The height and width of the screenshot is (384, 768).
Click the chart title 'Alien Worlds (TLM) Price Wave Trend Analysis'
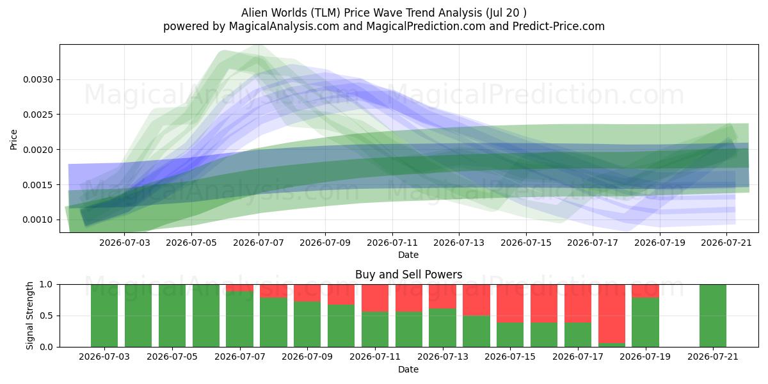[x=362, y=13]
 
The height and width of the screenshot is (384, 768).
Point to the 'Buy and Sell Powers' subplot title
[x=409, y=275]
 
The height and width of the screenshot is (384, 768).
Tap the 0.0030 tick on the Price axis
[x=38, y=79]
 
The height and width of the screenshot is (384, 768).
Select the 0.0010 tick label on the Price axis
[x=38, y=220]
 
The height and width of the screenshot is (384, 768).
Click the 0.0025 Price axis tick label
[x=38, y=115]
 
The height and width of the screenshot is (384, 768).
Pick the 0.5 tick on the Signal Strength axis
[x=46, y=316]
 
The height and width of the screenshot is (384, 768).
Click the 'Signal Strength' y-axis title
[x=30, y=316]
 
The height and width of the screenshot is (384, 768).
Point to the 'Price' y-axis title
[x=13, y=140]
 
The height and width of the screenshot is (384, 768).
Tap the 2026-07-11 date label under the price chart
[x=392, y=243]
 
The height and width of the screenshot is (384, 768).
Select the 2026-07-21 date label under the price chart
[x=726, y=243]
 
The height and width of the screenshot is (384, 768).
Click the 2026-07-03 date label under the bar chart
[x=104, y=356]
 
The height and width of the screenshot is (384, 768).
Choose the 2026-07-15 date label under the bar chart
[x=510, y=356]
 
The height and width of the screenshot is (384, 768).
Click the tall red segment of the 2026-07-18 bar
[x=612, y=314]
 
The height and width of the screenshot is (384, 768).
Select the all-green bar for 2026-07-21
[x=713, y=316]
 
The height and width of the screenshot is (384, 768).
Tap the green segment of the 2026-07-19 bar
[x=646, y=323]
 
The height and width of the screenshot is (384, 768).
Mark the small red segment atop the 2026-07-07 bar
[x=239, y=288]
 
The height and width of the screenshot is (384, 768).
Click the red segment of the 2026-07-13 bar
[x=442, y=296]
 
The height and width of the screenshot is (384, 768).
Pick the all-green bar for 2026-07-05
[x=172, y=316]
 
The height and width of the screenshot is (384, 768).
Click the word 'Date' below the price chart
[x=408, y=255]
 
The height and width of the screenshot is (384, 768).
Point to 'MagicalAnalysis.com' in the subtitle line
[x=284, y=26]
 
